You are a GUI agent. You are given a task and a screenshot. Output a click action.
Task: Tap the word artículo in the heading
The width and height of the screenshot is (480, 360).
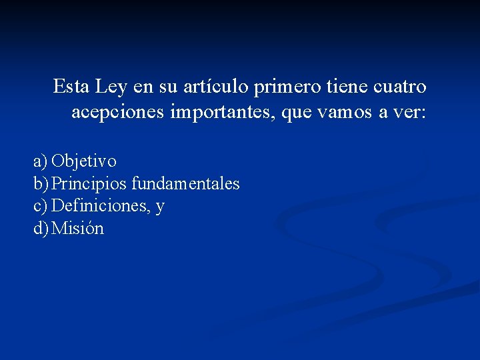tap(215, 87)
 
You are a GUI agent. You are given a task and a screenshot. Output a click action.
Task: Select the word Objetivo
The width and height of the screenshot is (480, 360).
tap(84, 161)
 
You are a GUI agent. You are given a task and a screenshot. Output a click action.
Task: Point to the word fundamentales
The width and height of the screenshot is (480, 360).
tap(185, 183)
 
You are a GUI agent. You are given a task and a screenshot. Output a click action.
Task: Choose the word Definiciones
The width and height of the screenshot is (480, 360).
tap(99, 206)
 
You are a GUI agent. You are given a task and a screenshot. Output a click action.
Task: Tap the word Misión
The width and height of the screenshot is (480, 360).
tap(78, 229)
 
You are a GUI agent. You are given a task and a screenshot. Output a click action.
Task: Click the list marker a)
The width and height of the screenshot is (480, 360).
tap(41, 161)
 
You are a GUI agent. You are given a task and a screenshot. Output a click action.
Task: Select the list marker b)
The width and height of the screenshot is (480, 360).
tap(41, 183)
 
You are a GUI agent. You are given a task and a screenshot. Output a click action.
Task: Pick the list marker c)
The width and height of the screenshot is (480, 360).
tap(41, 206)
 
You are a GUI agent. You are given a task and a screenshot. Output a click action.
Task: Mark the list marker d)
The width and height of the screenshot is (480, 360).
tap(41, 229)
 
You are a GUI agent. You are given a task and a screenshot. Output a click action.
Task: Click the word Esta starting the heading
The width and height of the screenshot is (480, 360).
tap(71, 87)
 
